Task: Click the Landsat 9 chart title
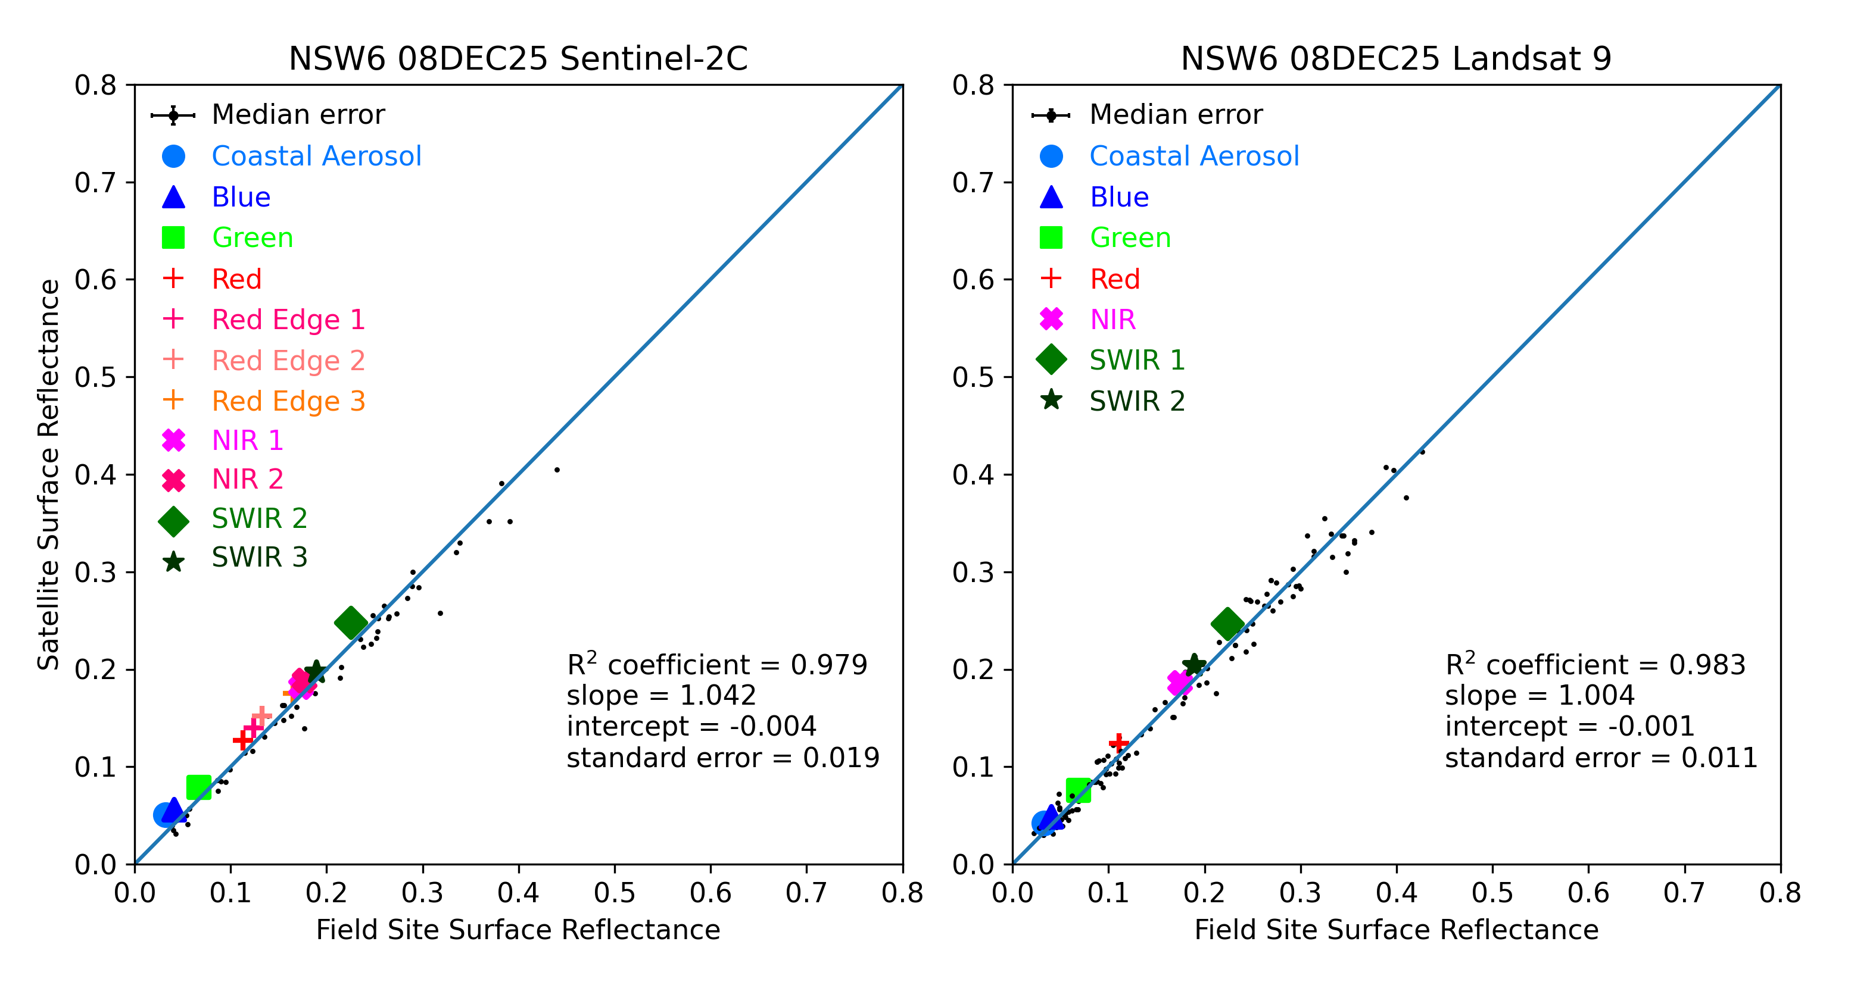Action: click(x=1395, y=58)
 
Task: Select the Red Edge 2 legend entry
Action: click(x=288, y=360)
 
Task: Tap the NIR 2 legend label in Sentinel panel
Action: click(x=247, y=479)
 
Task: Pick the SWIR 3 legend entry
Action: click(x=259, y=557)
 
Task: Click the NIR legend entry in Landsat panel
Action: click(x=1112, y=320)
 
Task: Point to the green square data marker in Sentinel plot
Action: click(x=199, y=787)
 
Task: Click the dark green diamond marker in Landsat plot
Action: click(x=1227, y=624)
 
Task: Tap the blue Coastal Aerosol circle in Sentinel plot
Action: click(x=166, y=815)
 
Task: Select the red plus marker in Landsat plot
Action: click(x=1118, y=743)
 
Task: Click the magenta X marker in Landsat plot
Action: click(x=1179, y=683)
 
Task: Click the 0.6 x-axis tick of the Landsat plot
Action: click(x=1588, y=893)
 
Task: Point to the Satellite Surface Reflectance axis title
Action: click(x=49, y=474)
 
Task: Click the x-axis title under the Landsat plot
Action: click(x=1396, y=930)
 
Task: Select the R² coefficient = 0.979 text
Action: click(x=716, y=665)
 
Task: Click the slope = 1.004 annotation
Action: click(x=1540, y=695)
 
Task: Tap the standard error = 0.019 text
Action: click(x=722, y=758)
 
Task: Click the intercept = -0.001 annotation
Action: click(x=1569, y=727)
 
